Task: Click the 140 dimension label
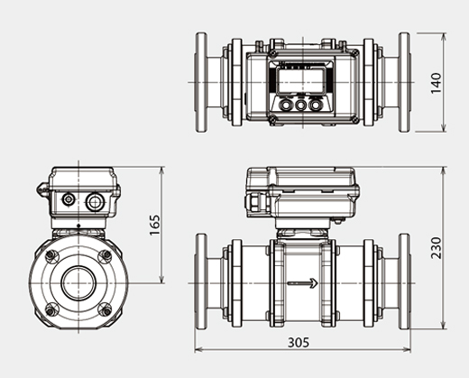tap(437, 83)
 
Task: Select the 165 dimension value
tap(154, 222)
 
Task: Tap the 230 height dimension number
tap(437, 247)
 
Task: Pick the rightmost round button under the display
tap(315, 105)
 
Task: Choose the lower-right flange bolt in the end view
tap(105, 309)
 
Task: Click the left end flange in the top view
tap(201, 82)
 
